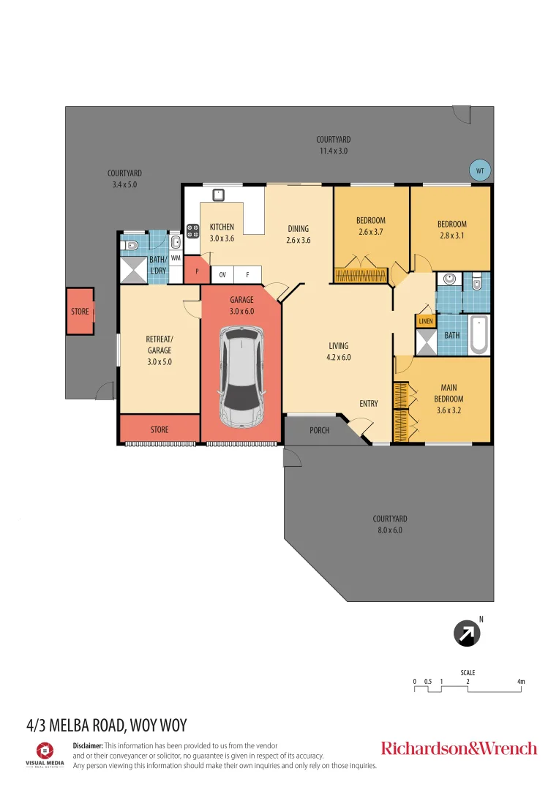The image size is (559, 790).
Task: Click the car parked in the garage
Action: click(242, 377)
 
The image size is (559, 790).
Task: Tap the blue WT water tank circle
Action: click(480, 170)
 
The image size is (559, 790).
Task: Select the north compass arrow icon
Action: click(467, 634)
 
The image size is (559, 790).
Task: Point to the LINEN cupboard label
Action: click(426, 321)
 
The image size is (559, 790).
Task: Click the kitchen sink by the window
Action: click(217, 195)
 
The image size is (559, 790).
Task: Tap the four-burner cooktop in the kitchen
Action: click(193, 230)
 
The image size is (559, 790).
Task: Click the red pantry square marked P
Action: click(196, 271)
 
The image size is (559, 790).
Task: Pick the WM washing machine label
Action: click(176, 258)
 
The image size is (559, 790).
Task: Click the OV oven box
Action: click(222, 276)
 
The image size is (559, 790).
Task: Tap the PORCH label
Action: click(319, 430)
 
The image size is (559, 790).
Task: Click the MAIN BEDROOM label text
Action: click(449, 393)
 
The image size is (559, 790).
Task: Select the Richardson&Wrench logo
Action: click(459, 748)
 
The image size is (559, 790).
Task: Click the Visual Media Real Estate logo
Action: click(45, 754)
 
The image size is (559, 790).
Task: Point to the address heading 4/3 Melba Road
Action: click(107, 726)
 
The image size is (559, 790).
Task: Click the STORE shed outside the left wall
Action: click(80, 311)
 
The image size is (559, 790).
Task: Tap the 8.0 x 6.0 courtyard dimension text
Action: click(389, 530)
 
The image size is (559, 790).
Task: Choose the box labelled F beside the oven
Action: click(248, 276)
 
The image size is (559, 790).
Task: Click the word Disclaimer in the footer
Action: click(89, 745)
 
